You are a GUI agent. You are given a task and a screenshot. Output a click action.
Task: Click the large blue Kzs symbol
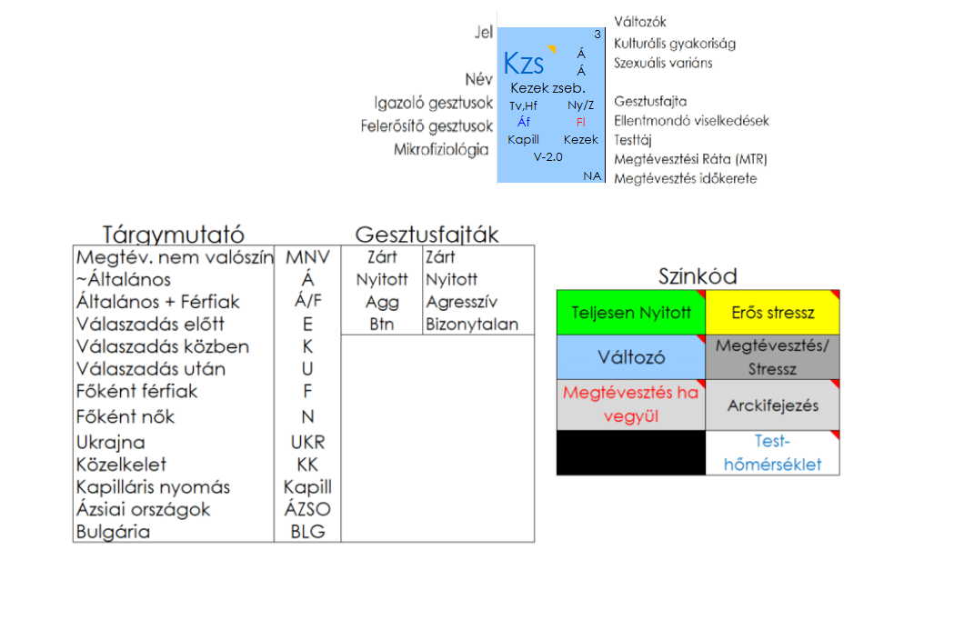coord(524,64)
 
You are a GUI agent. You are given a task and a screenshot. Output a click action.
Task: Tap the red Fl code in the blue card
coord(581,122)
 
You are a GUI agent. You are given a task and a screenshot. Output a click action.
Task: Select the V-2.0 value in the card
coord(548,156)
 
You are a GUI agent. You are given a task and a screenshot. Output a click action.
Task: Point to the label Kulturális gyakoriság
coord(674,43)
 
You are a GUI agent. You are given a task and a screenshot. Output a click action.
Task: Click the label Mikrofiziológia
coord(441,150)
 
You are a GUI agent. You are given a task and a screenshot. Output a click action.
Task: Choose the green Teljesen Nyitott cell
coord(630,313)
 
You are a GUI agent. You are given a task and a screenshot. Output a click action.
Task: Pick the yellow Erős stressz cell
coord(772,313)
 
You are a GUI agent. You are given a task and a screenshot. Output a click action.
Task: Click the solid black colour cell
coord(630,452)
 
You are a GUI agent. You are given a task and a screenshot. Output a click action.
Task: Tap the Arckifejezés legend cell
coord(772,405)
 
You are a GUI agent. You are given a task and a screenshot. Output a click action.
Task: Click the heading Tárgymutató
coord(173,235)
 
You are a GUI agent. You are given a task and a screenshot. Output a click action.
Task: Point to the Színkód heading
coord(698,276)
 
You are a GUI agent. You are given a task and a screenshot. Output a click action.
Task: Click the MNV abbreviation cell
coord(307,257)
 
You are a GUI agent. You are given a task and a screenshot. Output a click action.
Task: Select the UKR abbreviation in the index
coord(307,443)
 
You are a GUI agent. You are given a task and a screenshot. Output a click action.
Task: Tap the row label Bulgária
coord(113,532)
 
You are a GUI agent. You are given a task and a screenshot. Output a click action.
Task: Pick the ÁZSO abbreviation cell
coord(307,509)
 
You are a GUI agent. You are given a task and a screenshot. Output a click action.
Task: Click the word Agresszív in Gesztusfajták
coord(461,302)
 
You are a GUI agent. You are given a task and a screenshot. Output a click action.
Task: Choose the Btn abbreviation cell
coord(382,325)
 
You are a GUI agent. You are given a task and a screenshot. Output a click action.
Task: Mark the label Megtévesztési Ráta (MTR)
coord(690,159)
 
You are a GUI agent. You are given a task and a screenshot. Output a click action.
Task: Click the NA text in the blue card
coord(592,175)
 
